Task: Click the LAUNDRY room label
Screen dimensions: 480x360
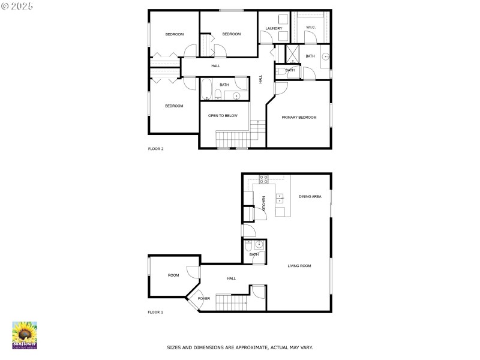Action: click(274, 28)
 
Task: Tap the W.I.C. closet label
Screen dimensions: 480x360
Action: click(311, 28)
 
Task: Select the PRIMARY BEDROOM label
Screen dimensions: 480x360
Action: click(299, 117)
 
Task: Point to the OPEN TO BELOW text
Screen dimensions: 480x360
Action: click(223, 116)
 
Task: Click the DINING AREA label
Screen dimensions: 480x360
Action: click(310, 197)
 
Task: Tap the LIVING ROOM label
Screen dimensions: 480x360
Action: click(299, 266)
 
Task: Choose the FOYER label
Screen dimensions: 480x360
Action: click(204, 298)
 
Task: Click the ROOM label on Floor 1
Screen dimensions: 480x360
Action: click(173, 275)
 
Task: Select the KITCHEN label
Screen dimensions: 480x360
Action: click(263, 203)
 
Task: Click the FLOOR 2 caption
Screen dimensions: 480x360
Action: click(156, 149)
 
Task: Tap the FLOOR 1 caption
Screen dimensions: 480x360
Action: click(155, 312)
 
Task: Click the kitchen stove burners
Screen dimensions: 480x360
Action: click(264, 179)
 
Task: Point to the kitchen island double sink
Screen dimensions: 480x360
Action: click(280, 198)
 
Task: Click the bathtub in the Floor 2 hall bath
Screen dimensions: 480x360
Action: click(206, 89)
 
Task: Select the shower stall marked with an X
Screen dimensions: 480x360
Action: click(292, 54)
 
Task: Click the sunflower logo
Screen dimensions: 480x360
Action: click(25, 335)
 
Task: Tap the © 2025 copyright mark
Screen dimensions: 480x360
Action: click(17, 6)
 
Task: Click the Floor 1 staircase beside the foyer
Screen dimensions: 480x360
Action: click(232, 302)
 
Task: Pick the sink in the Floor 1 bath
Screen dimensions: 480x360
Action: click(259, 244)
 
